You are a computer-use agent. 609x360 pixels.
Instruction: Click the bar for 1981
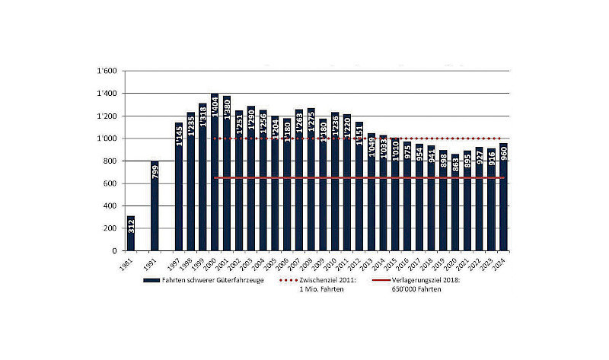click(x=131, y=233)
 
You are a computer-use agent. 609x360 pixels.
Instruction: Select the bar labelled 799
click(x=155, y=205)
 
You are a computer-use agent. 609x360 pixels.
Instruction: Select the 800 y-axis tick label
click(x=110, y=161)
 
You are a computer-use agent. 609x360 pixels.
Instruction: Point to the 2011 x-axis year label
click(x=347, y=263)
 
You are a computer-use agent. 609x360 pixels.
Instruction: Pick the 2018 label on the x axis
click(x=432, y=263)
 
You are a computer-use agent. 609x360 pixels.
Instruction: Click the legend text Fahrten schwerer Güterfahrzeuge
click(x=209, y=281)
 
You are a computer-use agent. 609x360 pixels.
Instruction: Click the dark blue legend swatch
click(x=150, y=281)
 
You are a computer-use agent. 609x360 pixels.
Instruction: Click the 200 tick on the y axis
click(x=110, y=228)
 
